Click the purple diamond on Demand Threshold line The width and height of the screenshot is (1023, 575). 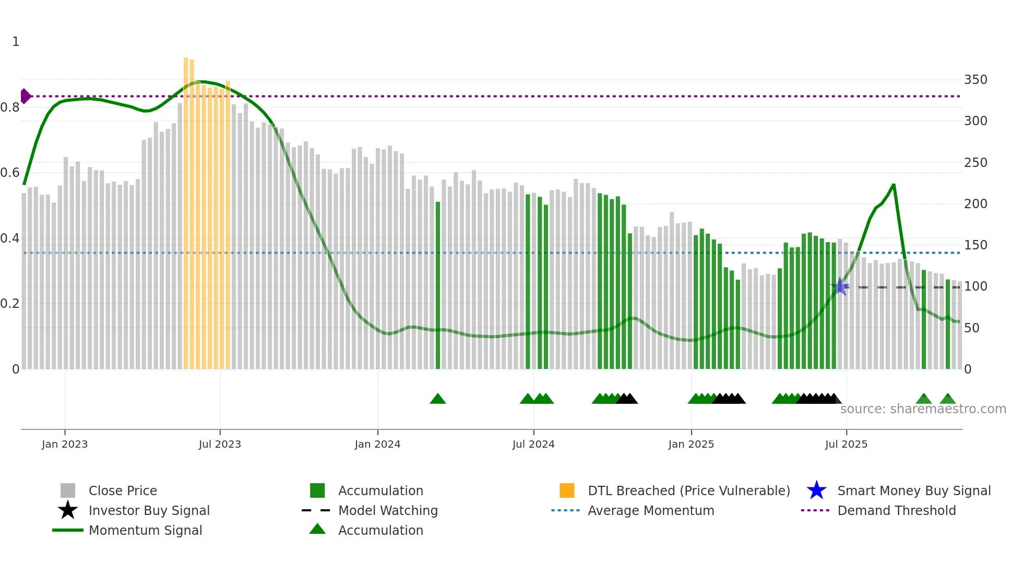pos(25,96)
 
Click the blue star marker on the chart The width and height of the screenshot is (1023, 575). pos(840,286)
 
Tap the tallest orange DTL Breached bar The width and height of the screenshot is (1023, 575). pos(186,209)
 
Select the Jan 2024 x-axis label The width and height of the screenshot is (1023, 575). pos(377,444)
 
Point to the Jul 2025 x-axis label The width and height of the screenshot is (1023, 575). pos(846,444)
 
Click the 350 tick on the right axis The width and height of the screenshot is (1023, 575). pos(975,80)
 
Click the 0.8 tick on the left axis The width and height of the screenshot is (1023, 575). pos(10,107)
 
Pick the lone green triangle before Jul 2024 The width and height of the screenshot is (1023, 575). pos(437,399)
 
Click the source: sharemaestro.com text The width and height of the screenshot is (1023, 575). pos(923,409)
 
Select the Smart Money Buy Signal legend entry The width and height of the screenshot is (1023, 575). pos(913,490)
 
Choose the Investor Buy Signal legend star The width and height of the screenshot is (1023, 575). pos(68,510)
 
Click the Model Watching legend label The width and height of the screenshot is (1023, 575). pos(388,510)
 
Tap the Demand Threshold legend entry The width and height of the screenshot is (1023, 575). pos(896,510)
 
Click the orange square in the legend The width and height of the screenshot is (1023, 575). pos(567,490)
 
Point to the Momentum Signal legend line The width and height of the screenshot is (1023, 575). pos(68,530)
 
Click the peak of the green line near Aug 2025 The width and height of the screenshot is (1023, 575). pos(894,185)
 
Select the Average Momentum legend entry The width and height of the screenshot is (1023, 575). pos(650,510)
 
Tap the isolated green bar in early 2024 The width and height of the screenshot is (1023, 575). pos(438,284)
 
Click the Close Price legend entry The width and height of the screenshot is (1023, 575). pos(123,490)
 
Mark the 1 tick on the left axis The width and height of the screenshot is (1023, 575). pos(16,42)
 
